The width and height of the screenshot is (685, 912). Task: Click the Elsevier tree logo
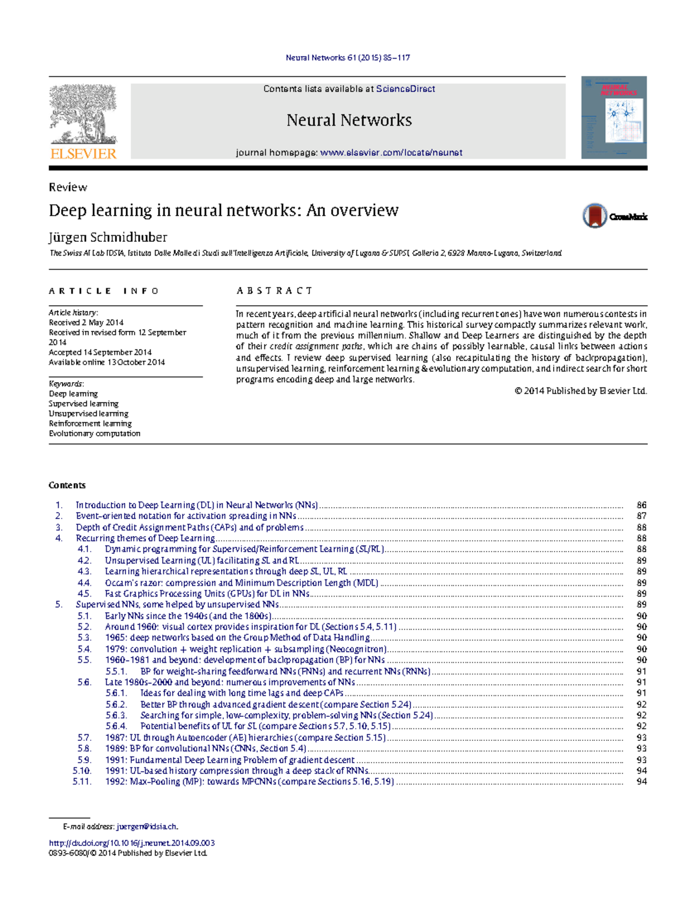(x=83, y=114)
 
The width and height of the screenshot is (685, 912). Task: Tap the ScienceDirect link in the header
(x=405, y=89)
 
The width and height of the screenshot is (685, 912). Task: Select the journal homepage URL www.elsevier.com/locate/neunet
(x=391, y=153)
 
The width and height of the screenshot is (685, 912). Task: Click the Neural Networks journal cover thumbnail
(x=614, y=117)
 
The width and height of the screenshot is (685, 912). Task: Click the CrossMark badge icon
(x=595, y=216)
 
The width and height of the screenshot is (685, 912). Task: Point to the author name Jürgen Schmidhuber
(x=108, y=237)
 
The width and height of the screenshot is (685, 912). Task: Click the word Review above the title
(x=68, y=188)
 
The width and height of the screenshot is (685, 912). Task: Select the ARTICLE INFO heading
(x=104, y=291)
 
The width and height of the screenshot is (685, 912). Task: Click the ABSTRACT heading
(x=275, y=291)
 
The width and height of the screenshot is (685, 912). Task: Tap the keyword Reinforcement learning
(x=90, y=424)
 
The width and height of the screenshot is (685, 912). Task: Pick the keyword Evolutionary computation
(x=94, y=433)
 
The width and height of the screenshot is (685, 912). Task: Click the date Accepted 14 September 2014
(x=100, y=352)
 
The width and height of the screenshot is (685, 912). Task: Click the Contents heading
(x=67, y=485)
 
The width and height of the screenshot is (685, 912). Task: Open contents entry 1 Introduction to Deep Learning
(x=196, y=505)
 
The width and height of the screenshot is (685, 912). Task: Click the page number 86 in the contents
(x=642, y=505)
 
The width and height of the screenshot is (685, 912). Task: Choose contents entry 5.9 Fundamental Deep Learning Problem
(x=229, y=760)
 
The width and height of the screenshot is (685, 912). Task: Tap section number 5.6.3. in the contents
(x=116, y=715)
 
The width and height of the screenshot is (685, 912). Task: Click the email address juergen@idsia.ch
(x=147, y=826)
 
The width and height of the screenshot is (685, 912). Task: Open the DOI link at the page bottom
(x=132, y=843)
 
